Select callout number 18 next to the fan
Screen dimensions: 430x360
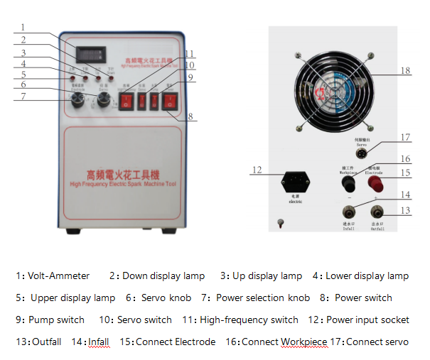[x=405, y=71]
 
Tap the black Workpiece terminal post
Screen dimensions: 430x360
[x=348, y=183]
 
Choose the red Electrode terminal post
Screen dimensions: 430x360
[x=373, y=183]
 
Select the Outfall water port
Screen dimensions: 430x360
[x=377, y=211]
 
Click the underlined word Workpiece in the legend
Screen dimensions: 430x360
[x=307, y=342]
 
